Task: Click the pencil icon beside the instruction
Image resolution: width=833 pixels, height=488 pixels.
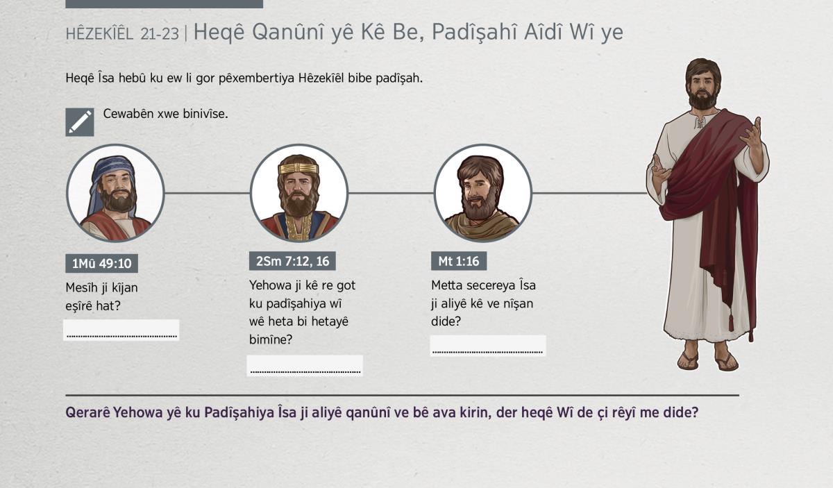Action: (80, 122)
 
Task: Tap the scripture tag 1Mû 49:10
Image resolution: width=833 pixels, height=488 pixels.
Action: (101, 263)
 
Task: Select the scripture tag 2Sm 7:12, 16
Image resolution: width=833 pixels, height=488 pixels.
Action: (292, 261)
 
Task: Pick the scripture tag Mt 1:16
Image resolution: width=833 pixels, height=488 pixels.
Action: (459, 261)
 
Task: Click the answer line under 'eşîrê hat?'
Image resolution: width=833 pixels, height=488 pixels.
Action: (121, 337)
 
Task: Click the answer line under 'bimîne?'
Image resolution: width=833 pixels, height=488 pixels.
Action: (305, 371)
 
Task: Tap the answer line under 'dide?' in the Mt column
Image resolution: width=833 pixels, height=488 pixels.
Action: (487, 352)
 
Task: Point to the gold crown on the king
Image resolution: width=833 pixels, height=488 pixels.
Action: (298, 168)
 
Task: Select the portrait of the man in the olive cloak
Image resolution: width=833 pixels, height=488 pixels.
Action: (482, 193)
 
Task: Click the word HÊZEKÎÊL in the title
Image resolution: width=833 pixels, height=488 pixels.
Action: (99, 34)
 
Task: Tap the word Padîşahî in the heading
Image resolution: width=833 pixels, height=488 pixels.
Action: (474, 32)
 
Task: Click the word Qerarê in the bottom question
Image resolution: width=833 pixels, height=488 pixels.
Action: (87, 412)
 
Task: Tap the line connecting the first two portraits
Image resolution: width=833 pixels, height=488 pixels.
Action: (207, 193)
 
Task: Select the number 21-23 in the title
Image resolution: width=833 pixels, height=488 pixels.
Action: (160, 34)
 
